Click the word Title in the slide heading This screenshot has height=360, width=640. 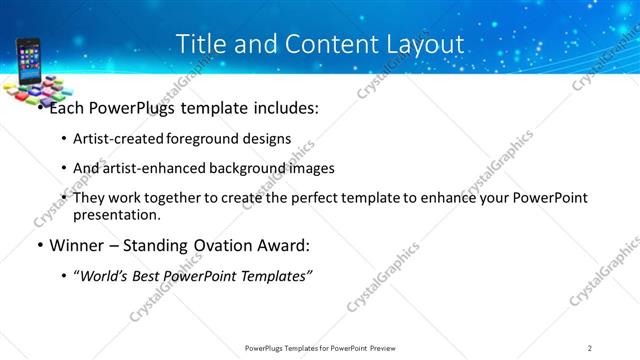coord(201,44)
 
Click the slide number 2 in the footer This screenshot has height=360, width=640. coord(590,348)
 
